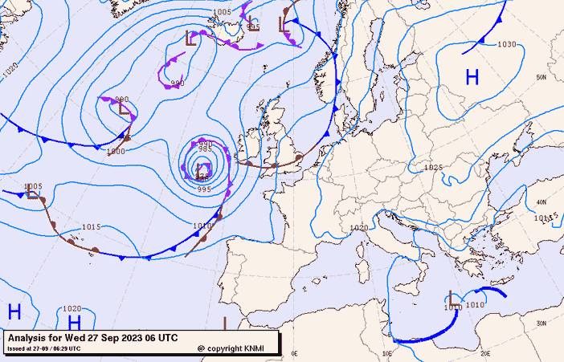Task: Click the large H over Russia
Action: [x=472, y=77]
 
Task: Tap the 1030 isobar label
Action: [x=507, y=45]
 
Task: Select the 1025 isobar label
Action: [x=434, y=168]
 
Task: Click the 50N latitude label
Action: [x=542, y=77]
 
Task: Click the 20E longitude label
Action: [x=484, y=353]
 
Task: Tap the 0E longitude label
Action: [x=294, y=353]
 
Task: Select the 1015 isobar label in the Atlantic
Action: [x=91, y=227]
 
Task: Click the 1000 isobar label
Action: [x=116, y=151]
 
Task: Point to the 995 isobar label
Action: [x=204, y=189]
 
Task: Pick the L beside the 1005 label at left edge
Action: [x=31, y=193]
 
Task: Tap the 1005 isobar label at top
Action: [x=223, y=12]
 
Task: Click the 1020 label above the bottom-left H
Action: [x=72, y=308]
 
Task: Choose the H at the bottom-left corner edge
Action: [x=14, y=311]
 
